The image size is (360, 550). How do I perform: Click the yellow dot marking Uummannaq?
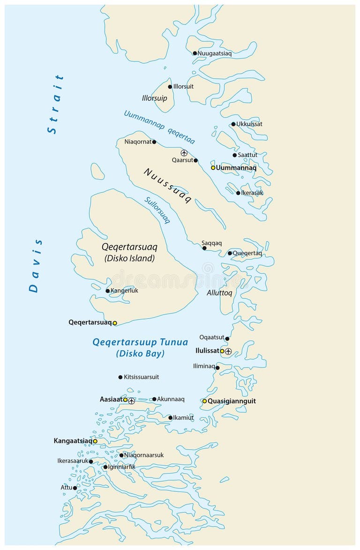(x=213, y=167)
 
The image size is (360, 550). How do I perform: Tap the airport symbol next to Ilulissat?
(x=228, y=351)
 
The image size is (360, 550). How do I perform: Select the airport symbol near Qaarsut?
(x=184, y=153)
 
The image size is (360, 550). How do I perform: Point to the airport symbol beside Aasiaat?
(x=132, y=400)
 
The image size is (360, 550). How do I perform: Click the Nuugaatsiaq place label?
(x=215, y=53)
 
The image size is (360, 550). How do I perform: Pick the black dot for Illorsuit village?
(x=170, y=87)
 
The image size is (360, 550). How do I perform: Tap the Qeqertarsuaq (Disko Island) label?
(x=129, y=252)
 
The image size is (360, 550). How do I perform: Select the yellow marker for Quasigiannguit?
(x=204, y=401)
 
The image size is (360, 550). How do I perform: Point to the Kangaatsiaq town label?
(x=73, y=441)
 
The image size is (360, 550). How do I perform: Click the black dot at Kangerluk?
(x=107, y=291)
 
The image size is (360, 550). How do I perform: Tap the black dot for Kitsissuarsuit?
(x=120, y=377)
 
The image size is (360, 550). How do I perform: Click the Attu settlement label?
(x=66, y=488)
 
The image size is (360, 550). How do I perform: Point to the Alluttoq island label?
(x=219, y=293)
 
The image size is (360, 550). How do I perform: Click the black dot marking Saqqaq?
(x=204, y=248)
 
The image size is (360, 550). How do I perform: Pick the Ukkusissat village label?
(x=249, y=124)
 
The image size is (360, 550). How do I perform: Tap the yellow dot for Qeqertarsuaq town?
(x=115, y=323)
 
